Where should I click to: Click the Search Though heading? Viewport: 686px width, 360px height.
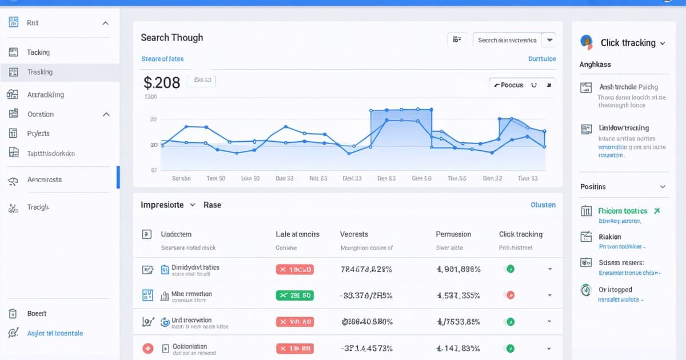[x=171, y=38]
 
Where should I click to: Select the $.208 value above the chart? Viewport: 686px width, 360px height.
[x=162, y=83]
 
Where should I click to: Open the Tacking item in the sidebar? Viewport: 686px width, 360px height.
[x=38, y=52]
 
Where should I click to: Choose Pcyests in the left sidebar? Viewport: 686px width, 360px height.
[x=38, y=133]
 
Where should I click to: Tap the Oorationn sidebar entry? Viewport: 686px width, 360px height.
[x=41, y=114]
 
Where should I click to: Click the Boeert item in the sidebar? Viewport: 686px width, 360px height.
[x=37, y=314]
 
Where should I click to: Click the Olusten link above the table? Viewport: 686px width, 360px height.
[x=543, y=205]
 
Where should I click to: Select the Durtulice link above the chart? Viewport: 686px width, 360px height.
[x=541, y=59]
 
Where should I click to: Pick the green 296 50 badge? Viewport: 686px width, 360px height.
[x=294, y=295]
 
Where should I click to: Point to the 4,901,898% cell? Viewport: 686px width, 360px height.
[x=458, y=269]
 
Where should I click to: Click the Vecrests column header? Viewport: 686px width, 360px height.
[x=354, y=234]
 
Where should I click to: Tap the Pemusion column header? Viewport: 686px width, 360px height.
[x=453, y=234]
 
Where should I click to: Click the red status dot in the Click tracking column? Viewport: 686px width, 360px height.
[x=510, y=295]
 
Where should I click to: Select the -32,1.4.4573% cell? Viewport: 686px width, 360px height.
[x=366, y=349]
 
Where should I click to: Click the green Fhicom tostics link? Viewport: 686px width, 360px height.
[x=623, y=211]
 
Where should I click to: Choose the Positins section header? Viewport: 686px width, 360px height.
[x=593, y=187]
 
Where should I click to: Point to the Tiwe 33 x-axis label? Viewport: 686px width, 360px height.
[x=527, y=178]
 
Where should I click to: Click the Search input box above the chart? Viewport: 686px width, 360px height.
[x=507, y=40]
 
